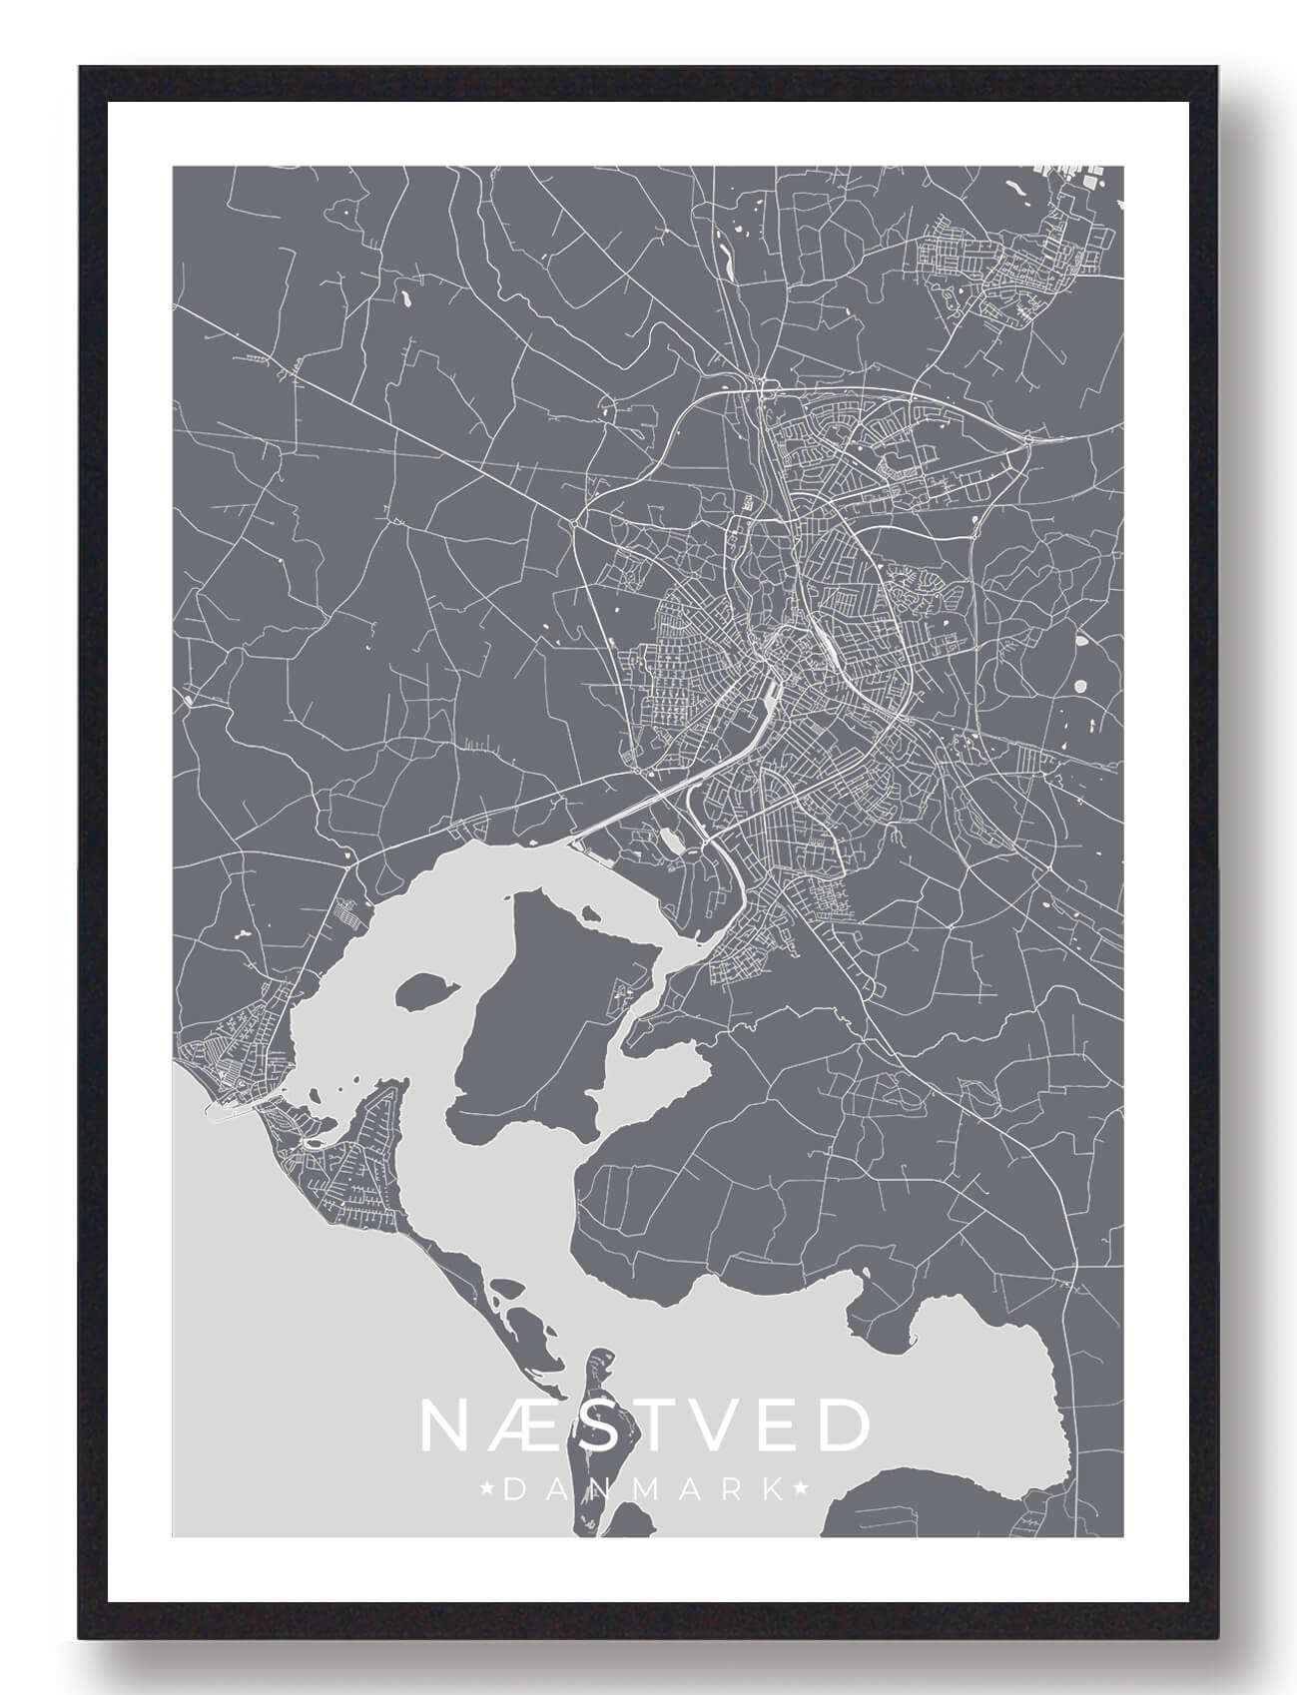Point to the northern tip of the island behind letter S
601,1354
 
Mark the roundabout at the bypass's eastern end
1028,437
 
